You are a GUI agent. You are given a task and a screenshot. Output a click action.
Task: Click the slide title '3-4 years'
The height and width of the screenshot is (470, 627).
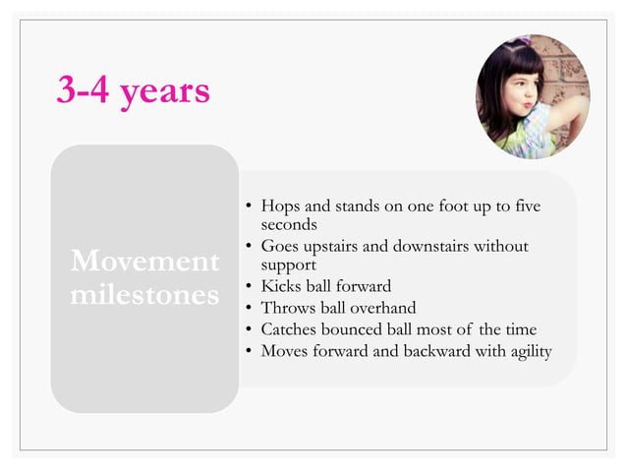click(x=133, y=90)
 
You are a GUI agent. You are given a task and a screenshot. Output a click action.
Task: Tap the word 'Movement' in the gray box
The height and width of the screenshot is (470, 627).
click(x=144, y=262)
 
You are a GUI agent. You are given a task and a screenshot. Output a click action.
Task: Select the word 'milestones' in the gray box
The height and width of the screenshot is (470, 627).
click(x=144, y=295)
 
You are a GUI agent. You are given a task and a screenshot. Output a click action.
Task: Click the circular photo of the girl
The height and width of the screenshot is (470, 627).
click(x=533, y=96)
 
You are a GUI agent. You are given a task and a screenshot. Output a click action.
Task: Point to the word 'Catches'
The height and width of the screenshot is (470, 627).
click(x=292, y=329)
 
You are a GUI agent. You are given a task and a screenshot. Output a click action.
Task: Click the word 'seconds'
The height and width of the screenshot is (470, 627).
click(x=289, y=225)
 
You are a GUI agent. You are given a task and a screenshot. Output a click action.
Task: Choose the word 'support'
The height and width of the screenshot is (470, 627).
click(x=288, y=264)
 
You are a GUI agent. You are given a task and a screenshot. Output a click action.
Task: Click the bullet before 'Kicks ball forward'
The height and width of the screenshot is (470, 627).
click(x=250, y=287)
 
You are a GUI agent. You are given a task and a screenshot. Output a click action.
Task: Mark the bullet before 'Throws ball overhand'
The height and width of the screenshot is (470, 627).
click(x=250, y=309)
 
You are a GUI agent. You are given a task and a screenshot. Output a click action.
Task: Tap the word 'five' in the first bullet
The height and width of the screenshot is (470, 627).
click(x=526, y=207)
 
